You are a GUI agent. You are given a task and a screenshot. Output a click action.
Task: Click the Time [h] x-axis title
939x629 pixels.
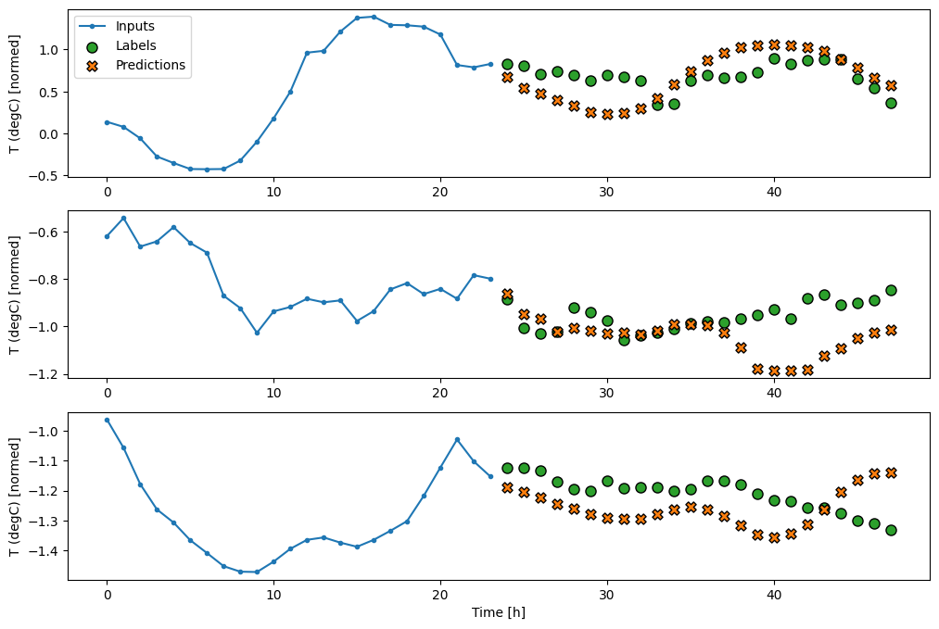point(499,612)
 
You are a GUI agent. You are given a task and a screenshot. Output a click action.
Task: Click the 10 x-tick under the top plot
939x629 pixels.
point(273,190)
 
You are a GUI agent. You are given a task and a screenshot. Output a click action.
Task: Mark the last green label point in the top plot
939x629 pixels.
point(891,103)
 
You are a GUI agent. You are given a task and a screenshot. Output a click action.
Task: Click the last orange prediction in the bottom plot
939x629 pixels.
point(891,472)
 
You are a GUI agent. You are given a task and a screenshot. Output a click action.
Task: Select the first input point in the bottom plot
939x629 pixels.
point(107,420)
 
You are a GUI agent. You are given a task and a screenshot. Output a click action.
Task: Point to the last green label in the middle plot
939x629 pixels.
point(891,290)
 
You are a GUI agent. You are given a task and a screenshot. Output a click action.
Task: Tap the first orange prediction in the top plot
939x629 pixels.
point(507,77)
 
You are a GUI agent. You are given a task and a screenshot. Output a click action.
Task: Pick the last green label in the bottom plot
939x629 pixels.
point(891,530)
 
